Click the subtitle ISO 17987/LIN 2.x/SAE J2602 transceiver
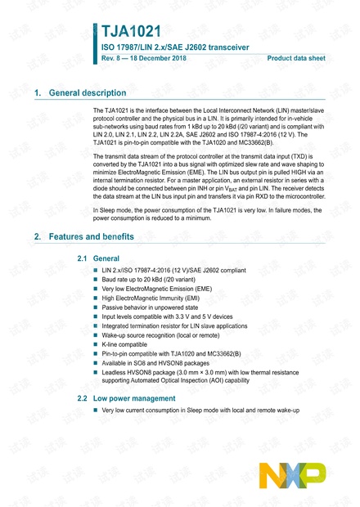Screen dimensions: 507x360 (175, 47)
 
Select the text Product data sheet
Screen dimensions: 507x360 (296, 59)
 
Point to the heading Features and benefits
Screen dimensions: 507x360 (92, 237)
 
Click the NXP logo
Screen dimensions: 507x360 (291, 475)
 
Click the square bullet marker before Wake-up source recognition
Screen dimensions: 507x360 (97, 335)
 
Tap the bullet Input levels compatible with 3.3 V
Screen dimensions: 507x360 (167, 316)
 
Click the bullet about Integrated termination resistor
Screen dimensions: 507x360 (177, 326)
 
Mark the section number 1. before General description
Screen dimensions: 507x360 (38, 94)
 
